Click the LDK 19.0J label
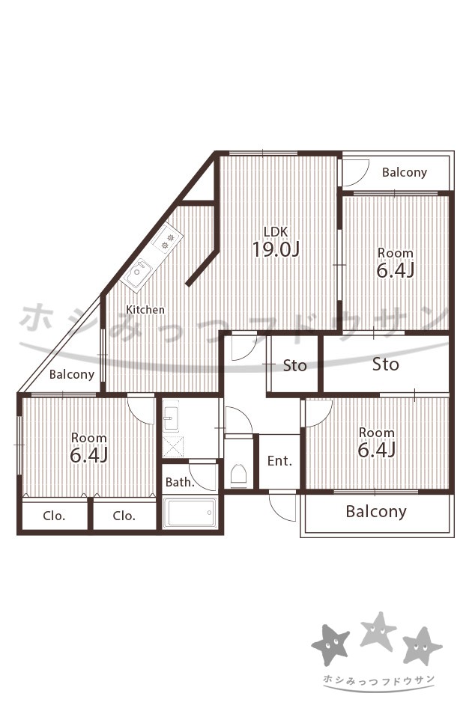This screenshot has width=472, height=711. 276,242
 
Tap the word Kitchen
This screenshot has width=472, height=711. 145,310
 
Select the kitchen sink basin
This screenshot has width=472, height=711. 138,274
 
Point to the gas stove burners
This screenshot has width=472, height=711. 168,240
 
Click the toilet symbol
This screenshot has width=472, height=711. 239,474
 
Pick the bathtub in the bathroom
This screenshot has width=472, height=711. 190,513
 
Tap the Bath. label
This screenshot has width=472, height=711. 180,482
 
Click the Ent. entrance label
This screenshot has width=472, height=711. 279,461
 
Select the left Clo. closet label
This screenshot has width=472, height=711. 54,516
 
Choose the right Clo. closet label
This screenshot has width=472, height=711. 124,516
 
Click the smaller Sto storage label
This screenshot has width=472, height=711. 294,365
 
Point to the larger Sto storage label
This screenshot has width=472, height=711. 386,364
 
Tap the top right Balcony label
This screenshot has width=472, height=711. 405,172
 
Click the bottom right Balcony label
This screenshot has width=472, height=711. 376,511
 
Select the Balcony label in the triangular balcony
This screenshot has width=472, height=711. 72,374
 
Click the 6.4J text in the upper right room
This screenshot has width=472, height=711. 396,270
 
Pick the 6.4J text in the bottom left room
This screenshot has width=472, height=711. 88,455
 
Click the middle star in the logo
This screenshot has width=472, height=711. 378,630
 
